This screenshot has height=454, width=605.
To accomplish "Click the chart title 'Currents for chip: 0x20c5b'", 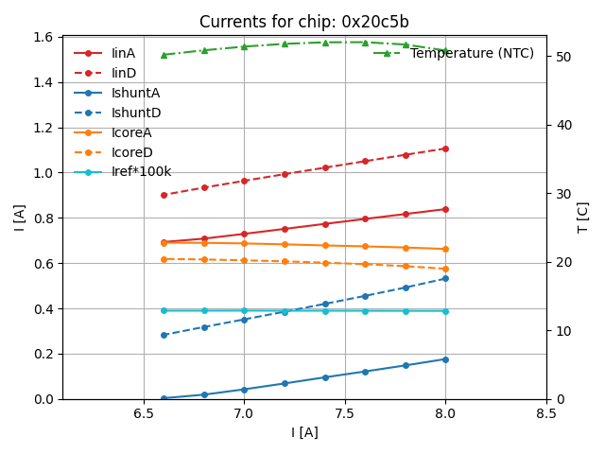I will [x=303, y=22].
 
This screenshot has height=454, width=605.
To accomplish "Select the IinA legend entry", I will [x=123, y=54].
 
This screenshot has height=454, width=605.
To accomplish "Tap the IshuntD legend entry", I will [x=135, y=113].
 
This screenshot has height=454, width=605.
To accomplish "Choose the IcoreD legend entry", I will [x=131, y=152].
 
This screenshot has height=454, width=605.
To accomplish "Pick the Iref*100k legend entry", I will [x=141, y=172].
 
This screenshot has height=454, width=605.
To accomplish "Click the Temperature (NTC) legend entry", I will [x=472, y=54].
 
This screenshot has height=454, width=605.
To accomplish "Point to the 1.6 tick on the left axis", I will [x=44, y=38].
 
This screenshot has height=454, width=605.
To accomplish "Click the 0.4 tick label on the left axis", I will [x=44, y=309].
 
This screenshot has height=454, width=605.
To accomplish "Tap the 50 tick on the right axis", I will [x=560, y=57].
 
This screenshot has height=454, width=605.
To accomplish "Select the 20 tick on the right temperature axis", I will [x=560, y=262].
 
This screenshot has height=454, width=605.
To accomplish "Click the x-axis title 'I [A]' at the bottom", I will [x=304, y=432].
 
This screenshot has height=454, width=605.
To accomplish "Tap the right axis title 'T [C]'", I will [x=583, y=218].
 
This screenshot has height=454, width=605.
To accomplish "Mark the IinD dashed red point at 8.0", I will [x=445, y=148].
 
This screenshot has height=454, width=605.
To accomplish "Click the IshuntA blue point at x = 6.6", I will [x=164, y=398].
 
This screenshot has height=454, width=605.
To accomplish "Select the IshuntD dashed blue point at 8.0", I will [x=445, y=278].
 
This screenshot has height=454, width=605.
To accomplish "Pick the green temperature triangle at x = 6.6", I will [x=164, y=55].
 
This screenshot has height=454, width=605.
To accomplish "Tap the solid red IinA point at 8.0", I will [x=445, y=209].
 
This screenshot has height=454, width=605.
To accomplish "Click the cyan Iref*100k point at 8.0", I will [x=445, y=311].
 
